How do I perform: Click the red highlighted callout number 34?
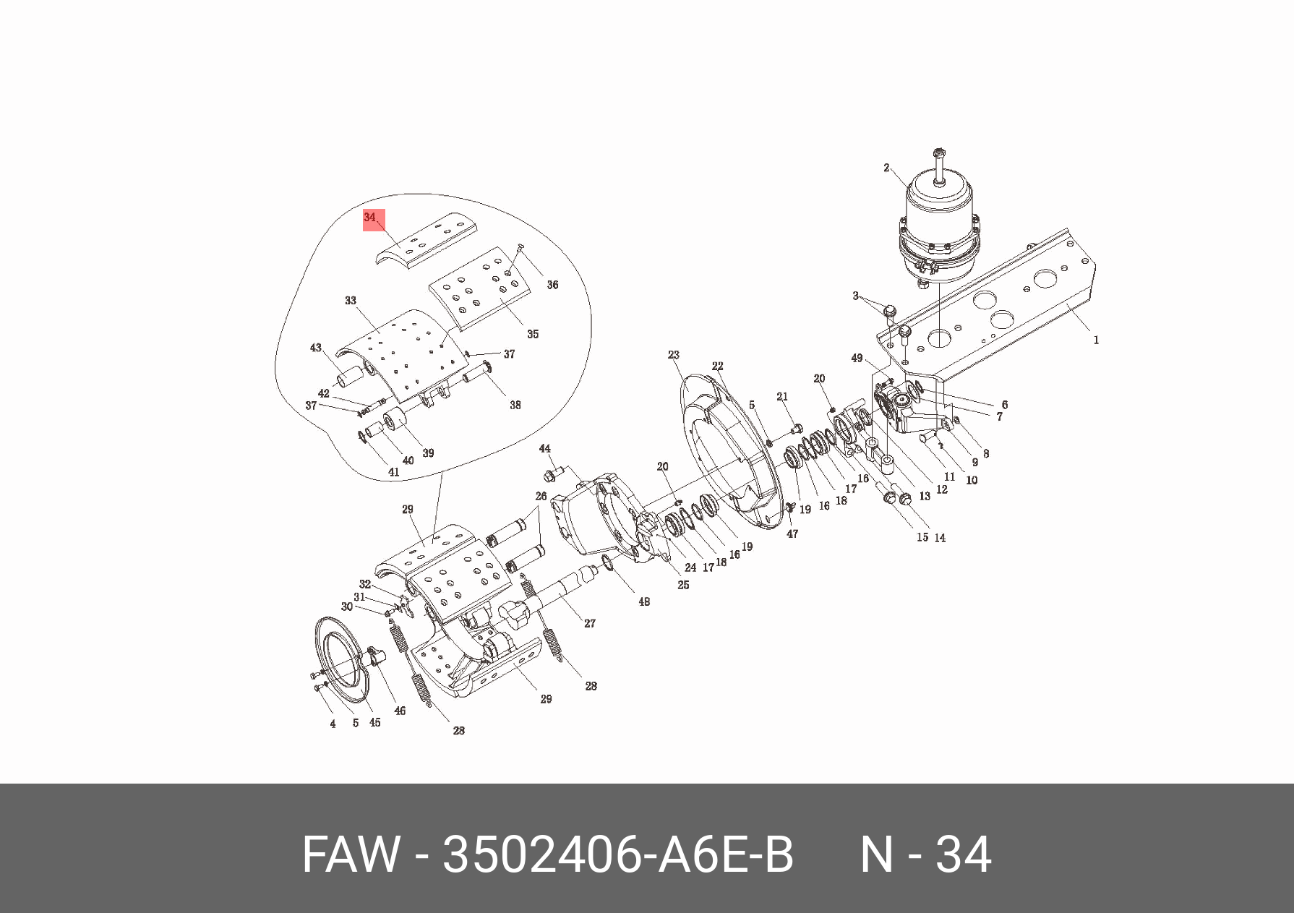[371, 218]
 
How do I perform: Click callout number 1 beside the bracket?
[1096, 340]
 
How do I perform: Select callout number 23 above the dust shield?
[674, 355]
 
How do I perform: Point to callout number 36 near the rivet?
[552, 285]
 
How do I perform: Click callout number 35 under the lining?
[533, 334]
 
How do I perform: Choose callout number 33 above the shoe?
[351, 301]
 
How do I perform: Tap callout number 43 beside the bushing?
[316, 348]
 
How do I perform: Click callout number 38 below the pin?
[515, 405]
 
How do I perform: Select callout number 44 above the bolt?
[545, 449]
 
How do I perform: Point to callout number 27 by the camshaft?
[590, 623]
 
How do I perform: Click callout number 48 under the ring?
[644, 601]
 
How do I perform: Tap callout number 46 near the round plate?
[400, 711]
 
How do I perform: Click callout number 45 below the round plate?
[374, 722]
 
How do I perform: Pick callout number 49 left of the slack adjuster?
[857, 359]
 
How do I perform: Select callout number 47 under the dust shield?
[792, 533]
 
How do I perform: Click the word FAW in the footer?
[350, 854]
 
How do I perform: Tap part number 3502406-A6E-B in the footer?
[618, 854]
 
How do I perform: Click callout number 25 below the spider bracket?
[683, 585]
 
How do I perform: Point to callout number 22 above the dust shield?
[717, 366]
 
